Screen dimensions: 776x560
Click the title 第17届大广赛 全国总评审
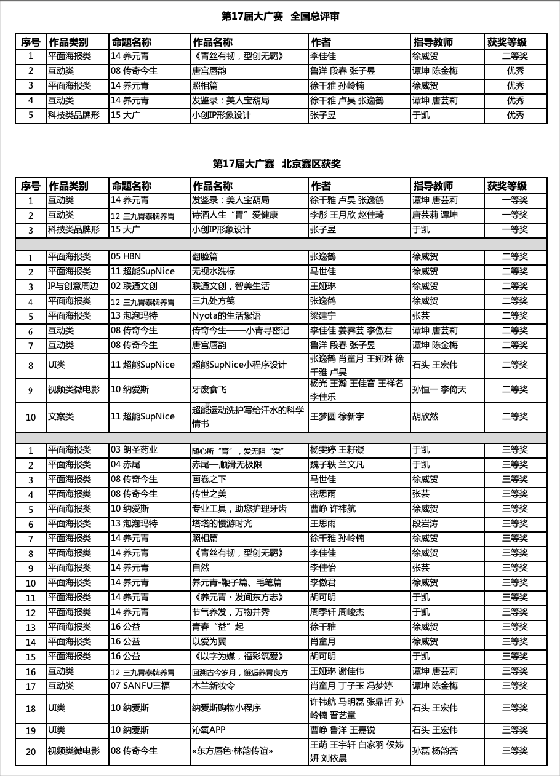tap(280, 17)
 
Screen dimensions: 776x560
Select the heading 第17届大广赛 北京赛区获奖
tap(276, 164)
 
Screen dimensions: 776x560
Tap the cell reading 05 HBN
tap(126, 256)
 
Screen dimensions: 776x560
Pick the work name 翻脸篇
tap(205, 256)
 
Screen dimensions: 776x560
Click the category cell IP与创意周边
tap(72, 286)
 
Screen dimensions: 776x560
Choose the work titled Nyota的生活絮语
tap(226, 315)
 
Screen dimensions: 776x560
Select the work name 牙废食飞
tap(209, 389)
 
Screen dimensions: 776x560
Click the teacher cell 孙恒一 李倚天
tap(439, 389)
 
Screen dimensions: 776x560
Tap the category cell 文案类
tap(61, 416)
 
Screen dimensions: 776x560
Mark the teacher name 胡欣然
tap(425, 416)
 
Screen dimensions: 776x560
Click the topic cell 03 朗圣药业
tap(134, 449)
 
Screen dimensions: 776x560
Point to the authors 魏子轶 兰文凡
tap(337, 464)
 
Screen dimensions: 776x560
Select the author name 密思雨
tap(323, 494)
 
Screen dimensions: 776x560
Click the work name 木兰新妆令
tap(214, 686)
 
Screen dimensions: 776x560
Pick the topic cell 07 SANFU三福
tap(141, 686)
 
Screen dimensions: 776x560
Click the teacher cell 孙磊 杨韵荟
tap(435, 751)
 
